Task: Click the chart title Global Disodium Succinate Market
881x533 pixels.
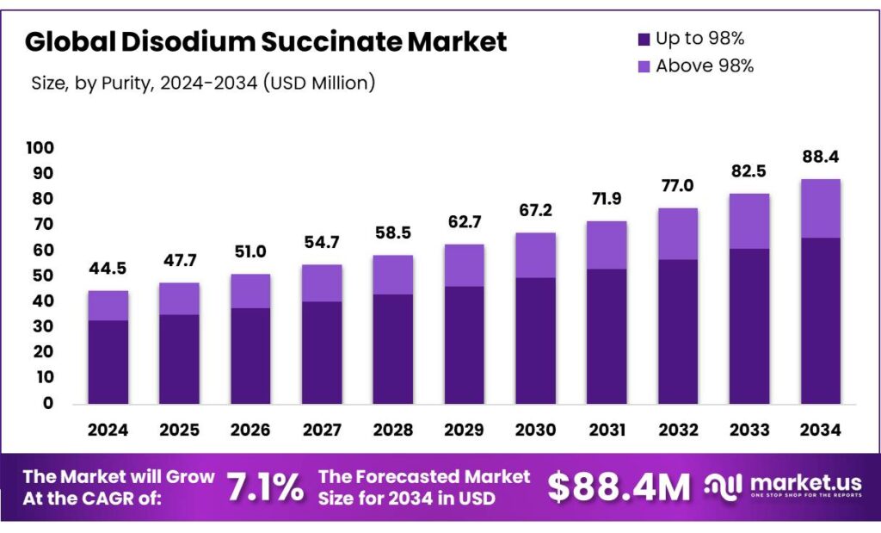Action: click(x=266, y=41)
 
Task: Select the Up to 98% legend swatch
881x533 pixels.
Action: click(x=642, y=39)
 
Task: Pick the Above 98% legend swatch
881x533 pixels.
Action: click(x=642, y=66)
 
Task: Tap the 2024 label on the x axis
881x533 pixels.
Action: click(x=108, y=429)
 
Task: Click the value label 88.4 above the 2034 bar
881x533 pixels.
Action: click(x=820, y=158)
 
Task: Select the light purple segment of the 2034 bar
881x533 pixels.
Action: click(x=820, y=208)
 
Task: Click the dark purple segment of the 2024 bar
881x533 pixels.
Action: click(x=108, y=362)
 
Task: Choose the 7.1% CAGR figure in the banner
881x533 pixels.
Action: click(x=265, y=487)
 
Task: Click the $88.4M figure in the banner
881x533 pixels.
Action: click(x=619, y=487)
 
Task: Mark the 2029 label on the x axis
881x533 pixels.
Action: click(x=465, y=429)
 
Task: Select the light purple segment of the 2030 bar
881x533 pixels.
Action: click(x=535, y=255)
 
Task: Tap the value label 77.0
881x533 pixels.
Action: click(x=677, y=186)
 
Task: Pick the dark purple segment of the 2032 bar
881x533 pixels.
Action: click(x=677, y=332)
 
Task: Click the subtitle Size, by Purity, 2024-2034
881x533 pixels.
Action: click(x=202, y=84)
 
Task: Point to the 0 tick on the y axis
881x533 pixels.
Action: click(x=48, y=402)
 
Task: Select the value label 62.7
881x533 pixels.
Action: click(x=465, y=223)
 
